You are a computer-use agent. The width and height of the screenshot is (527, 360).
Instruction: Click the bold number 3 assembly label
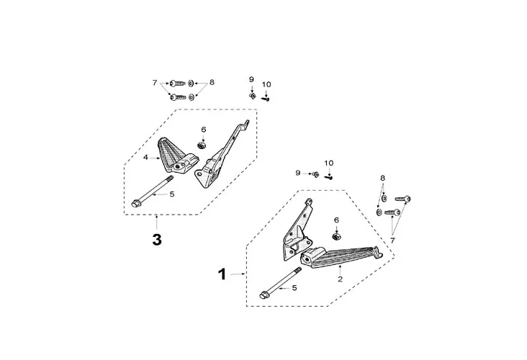click(x=157, y=239)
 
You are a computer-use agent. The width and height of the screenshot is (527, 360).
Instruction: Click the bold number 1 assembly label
click(x=222, y=274)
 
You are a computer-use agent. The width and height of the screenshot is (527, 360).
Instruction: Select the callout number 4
click(x=145, y=157)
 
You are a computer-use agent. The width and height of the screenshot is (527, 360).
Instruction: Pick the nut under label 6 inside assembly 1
click(x=336, y=235)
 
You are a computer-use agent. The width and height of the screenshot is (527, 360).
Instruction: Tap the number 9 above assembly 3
click(x=251, y=78)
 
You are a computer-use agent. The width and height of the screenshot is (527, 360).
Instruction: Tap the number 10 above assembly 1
click(x=329, y=162)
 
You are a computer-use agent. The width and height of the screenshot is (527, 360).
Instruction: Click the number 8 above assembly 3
click(x=212, y=82)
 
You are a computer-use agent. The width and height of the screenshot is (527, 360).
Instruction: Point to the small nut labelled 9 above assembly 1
click(x=316, y=174)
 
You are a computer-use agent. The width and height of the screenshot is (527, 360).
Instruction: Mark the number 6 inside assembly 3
click(x=204, y=130)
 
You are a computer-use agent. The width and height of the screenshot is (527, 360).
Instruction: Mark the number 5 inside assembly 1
click(x=294, y=288)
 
